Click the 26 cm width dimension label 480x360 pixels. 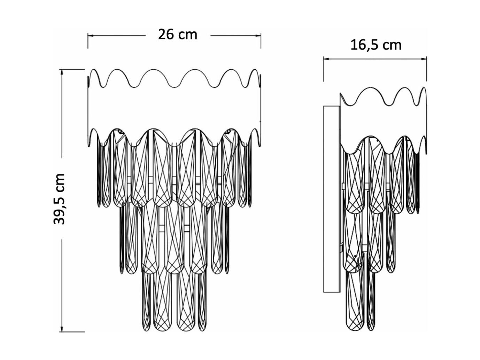pyautogui.click(x=177, y=34)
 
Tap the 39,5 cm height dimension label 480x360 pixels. pyautogui.click(x=59, y=199)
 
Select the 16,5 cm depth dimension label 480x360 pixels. pyautogui.click(x=376, y=46)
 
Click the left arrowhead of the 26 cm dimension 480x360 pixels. pyautogui.click(x=90, y=36)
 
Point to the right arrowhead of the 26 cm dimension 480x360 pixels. pyautogui.click(x=258, y=36)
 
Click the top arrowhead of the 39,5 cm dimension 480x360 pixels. pyautogui.click(x=62, y=72)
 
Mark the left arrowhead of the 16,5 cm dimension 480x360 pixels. pyautogui.click(x=326, y=58)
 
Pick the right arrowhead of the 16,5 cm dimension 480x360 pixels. pyautogui.click(x=424, y=58)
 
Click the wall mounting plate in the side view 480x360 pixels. pyautogui.click(x=332, y=199)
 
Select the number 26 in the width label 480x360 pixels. pyautogui.click(x=166, y=34)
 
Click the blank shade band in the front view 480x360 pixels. pyautogui.click(x=174, y=108)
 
